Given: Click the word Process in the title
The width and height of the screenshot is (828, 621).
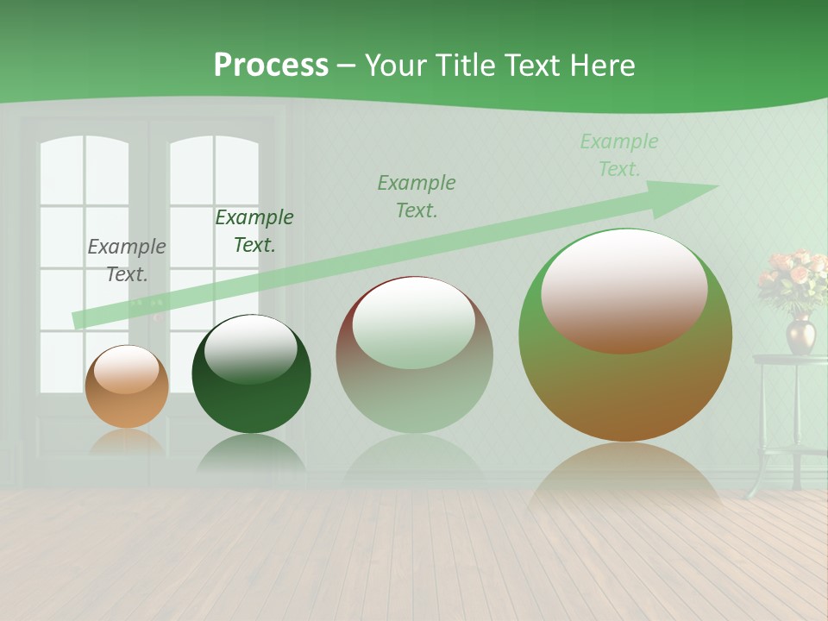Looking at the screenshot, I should pyautogui.click(x=271, y=66).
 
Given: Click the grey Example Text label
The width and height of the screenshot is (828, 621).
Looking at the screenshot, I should pyautogui.click(x=127, y=260).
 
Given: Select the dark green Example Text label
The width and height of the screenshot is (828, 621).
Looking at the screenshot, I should pyautogui.click(x=254, y=231).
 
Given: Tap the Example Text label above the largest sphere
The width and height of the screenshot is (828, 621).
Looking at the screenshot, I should pyautogui.click(x=619, y=155).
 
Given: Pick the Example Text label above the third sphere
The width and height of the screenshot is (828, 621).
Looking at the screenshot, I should pyautogui.click(x=417, y=196).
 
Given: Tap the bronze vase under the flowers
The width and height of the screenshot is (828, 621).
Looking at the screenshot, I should pyautogui.click(x=800, y=334).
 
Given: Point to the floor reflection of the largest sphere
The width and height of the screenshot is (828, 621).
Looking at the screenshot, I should pyautogui.click(x=624, y=474).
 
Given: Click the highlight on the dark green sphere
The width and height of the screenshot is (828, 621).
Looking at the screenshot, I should pyautogui.click(x=251, y=348).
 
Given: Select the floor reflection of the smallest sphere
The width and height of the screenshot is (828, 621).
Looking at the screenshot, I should pyautogui.click(x=127, y=442).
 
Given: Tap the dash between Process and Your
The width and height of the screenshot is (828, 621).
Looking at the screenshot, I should pyautogui.click(x=347, y=66).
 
